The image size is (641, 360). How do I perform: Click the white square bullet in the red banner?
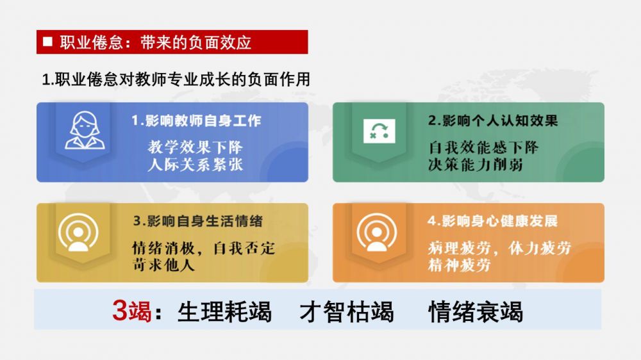click(x=47, y=41)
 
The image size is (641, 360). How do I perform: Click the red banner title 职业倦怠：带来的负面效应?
click(x=155, y=42)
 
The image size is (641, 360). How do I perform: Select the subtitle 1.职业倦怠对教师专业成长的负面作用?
click(x=176, y=79)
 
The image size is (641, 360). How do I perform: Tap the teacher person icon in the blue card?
click(x=85, y=130)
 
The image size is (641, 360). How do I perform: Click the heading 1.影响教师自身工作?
click(x=196, y=120)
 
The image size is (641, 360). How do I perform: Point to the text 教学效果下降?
click(x=196, y=147)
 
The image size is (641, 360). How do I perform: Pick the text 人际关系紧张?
click(x=196, y=165)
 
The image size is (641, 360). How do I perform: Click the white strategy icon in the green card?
click(x=379, y=131)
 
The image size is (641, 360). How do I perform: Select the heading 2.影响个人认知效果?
click(x=493, y=120)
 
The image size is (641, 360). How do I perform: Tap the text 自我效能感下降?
click(x=483, y=147)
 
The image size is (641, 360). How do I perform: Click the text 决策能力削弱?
click(x=476, y=165)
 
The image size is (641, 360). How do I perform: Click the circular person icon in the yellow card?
click(x=78, y=232)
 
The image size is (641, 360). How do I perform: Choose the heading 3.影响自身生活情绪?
click(x=198, y=221)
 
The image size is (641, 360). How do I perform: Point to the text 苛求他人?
click(x=163, y=265)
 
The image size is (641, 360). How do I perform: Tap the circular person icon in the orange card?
click(x=377, y=232)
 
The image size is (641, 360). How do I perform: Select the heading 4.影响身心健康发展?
click(x=492, y=221)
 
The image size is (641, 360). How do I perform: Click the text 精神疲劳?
click(x=459, y=265)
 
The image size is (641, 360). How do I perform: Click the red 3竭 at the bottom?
click(x=131, y=311)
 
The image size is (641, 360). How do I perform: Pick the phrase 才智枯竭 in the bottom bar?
click(x=347, y=312)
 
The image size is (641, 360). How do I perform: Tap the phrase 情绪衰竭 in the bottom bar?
click(x=476, y=312)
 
